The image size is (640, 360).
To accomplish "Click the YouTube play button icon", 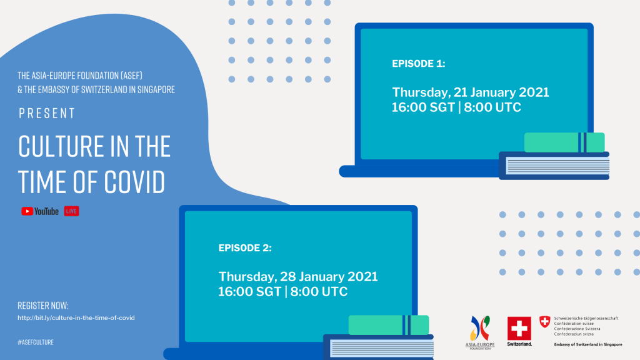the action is coord(27,211).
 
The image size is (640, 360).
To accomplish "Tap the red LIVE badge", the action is coord(71,211).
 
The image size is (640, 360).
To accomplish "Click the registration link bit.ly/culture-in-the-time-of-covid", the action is coord(76,317).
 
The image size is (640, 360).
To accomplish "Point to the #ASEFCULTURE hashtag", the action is coord(36,342).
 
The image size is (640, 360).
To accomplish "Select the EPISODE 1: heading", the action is coord(418,64).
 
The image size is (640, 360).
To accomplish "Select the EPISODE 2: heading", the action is coord(245,247).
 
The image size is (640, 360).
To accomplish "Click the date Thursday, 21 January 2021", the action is coord(471,92).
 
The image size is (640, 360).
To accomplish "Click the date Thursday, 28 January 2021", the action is coord(298,276).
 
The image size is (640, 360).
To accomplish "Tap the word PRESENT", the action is coord(47,113).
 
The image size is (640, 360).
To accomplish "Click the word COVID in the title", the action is coord(135,182).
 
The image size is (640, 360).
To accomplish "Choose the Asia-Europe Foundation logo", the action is coord(480,332).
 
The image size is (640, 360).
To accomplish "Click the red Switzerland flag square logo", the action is coord(519,329).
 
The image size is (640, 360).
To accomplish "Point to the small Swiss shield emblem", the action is coord(544,322).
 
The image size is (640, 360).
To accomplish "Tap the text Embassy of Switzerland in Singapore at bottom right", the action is coord(588,344).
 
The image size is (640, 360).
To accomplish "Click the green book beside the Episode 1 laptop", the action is coord(564,142).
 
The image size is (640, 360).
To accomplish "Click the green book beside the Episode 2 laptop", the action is coord(389,325).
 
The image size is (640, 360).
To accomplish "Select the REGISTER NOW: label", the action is coord(43,305).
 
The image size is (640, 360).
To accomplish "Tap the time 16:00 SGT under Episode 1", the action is coord(423,107).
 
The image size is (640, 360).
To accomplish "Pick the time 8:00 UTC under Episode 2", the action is coord(319,291).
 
